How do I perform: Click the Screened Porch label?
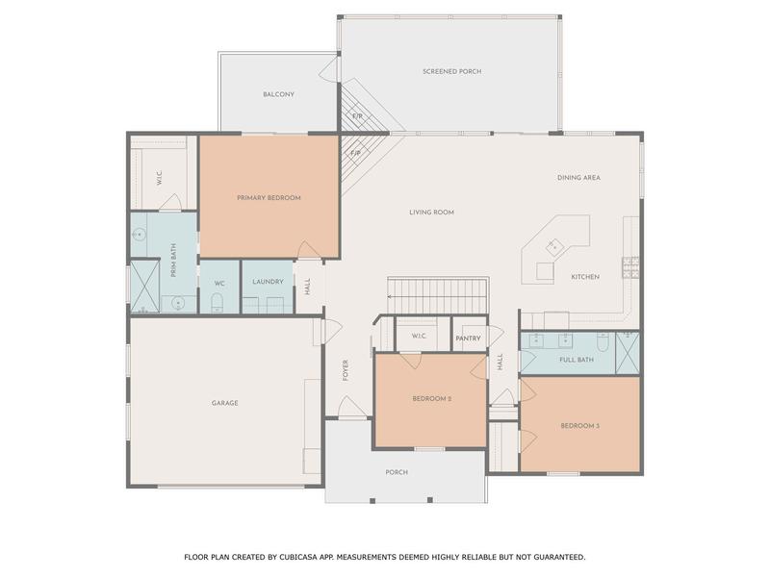tap(451, 71)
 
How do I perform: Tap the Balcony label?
tap(278, 94)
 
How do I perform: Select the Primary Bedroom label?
tap(269, 198)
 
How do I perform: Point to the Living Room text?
tap(431, 213)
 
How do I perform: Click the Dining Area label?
tap(578, 178)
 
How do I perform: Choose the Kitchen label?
tap(585, 277)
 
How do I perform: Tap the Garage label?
tap(225, 403)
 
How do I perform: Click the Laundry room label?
tap(268, 282)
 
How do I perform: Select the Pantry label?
tap(468, 339)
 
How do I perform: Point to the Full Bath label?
tap(577, 360)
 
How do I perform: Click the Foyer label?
tap(346, 370)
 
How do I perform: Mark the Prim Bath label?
tap(173, 261)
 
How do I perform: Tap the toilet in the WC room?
tap(218, 303)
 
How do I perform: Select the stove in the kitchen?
tap(631, 267)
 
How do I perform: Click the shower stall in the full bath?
tap(628, 353)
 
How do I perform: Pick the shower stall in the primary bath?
tap(145, 286)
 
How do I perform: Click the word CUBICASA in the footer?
tap(297, 557)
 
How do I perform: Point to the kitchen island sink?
tap(553, 247)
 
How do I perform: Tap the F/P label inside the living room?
tap(355, 153)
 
